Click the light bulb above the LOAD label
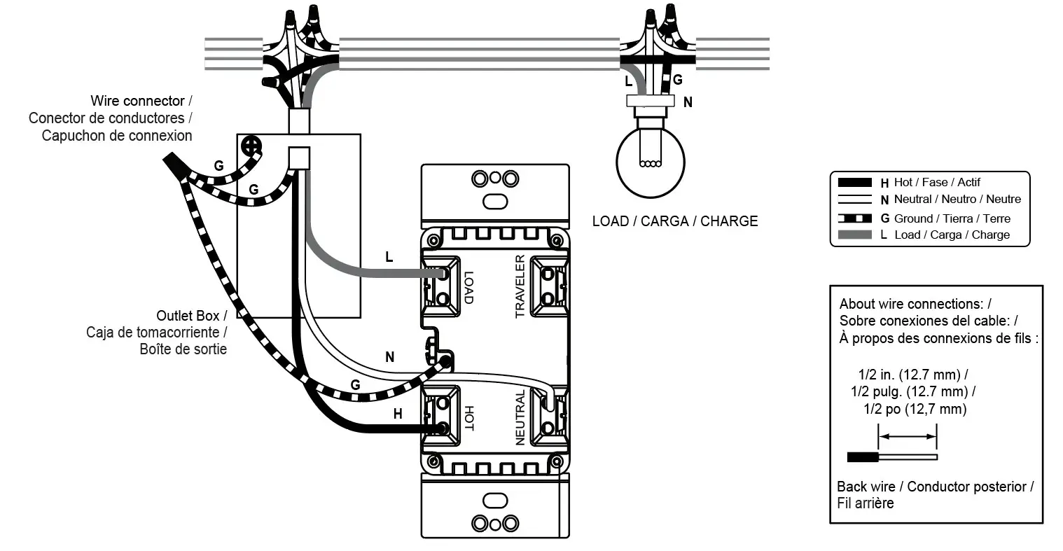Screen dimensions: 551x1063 648,158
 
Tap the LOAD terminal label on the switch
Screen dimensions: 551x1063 468,287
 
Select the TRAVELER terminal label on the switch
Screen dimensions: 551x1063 520,286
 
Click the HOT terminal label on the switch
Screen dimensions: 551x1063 468,418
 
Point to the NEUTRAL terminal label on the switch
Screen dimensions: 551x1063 520,418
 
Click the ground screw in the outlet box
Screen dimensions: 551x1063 251,146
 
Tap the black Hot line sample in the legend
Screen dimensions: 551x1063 854,183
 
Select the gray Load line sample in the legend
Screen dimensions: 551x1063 854,235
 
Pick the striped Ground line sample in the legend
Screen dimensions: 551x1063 854,218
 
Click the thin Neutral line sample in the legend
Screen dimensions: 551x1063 854,200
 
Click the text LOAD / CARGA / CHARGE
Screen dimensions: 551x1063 674,221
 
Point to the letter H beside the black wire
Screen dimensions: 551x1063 398,414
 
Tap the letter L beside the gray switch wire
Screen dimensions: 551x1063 389,257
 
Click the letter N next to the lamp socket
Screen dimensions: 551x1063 688,102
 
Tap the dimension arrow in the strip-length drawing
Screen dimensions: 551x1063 908,437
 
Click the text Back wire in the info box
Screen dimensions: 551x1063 866,487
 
